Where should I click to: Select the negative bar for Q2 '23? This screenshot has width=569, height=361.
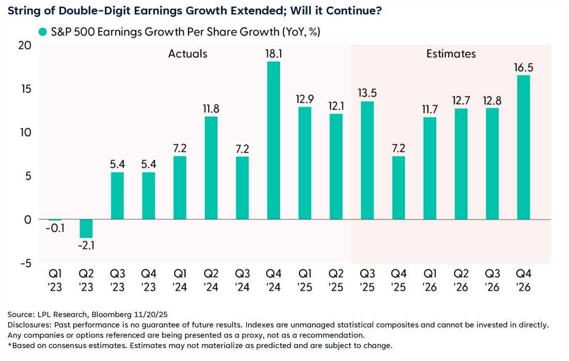click(x=86, y=228)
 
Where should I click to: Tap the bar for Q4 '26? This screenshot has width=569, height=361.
click(x=524, y=147)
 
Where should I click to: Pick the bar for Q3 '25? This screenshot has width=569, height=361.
click(x=367, y=160)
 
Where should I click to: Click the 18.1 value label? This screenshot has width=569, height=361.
click(x=273, y=53)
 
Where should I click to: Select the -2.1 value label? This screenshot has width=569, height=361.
click(x=86, y=245)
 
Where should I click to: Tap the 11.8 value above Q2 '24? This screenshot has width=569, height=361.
click(x=211, y=108)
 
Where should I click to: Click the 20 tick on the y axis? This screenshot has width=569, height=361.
click(x=24, y=45)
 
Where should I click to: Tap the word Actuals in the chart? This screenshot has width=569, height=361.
click(x=188, y=54)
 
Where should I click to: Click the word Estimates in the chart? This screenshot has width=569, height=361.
click(x=451, y=54)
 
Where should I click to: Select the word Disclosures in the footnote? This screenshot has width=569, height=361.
click(x=29, y=325)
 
